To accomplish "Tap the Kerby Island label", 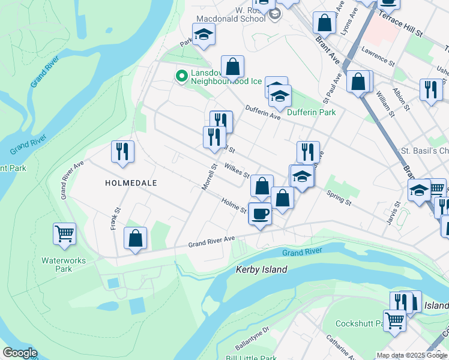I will coord(262,269).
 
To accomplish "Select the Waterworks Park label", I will coord(64,265).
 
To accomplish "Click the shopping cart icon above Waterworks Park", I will coord(64,233).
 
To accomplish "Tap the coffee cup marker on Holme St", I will coord(260,213).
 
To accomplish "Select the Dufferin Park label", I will coord(311,112).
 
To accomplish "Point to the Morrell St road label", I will coord(208,176).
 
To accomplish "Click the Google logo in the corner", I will coord(19,353).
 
